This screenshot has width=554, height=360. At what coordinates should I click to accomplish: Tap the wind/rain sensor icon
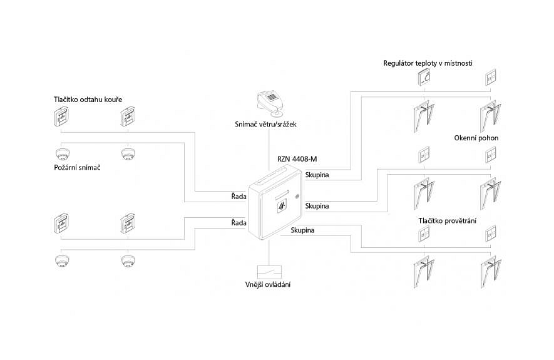pyautogui.click(x=270, y=101)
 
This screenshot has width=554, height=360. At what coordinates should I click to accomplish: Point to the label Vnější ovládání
pyautogui.click(x=268, y=285)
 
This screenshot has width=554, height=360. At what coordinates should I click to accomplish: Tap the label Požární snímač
pyautogui.click(x=78, y=168)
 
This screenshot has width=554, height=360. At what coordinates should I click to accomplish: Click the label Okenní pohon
pyautogui.click(x=477, y=138)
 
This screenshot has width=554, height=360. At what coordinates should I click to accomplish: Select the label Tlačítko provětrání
pyautogui.click(x=448, y=220)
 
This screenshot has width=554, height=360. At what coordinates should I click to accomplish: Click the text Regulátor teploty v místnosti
pyautogui.click(x=428, y=63)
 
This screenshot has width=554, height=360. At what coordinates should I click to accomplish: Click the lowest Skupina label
pyautogui.click(x=302, y=230)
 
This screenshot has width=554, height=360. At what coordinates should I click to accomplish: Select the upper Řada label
pyautogui.click(x=239, y=197)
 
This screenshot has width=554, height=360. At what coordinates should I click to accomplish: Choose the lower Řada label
pyautogui.click(x=239, y=222)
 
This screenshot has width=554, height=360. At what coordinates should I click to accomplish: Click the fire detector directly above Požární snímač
pyautogui.click(x=62, y=153)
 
